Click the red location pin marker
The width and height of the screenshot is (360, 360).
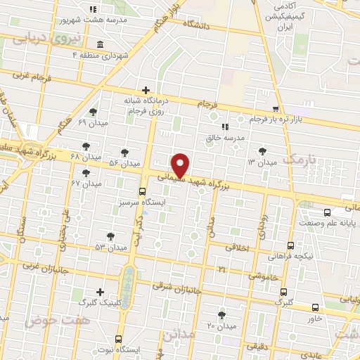tap(181, 165)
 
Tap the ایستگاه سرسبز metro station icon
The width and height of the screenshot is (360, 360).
tap(143, 191)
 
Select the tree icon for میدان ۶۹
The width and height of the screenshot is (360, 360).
tap(93, 112)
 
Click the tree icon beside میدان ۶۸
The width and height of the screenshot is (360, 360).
tap(86, 146)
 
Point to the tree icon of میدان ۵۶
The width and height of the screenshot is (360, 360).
tap(124, 152)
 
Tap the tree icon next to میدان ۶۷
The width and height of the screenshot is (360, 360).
tap(86, 173)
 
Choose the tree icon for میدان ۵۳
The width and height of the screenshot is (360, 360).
tap(110, 236)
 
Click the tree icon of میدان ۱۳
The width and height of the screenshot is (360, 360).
tap(262, 150)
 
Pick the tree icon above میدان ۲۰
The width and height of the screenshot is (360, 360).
tap(222, 314)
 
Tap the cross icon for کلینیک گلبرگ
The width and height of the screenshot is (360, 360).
tap(101, 292)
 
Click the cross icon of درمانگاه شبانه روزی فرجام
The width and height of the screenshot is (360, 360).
tap(146, 90)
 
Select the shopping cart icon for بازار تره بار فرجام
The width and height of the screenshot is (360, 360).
tap(276, 108)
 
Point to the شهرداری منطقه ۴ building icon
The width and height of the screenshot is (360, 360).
tap(99, 45)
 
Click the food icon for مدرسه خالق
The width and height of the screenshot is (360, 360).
tap(224, 127)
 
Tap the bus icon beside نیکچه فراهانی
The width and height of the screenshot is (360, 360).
tap(290, 245)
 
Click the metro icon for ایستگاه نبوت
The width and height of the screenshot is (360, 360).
tap(118, 338)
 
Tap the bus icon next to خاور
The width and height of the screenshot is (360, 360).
tap(314, 307)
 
